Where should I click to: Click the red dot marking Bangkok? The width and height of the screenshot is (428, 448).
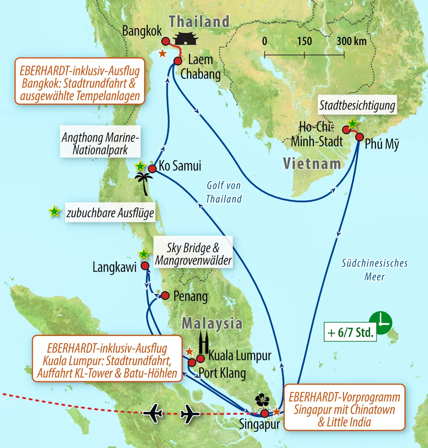pos(166,41)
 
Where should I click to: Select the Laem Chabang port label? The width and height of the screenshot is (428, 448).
pos(200,67)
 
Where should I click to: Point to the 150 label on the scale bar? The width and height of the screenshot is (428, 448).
pos(304,42)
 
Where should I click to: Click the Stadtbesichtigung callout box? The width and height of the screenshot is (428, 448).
pos(357,106)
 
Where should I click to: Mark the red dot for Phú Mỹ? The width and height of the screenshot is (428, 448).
pos(360,137)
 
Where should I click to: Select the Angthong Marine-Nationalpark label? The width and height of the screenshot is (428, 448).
pos(101,144)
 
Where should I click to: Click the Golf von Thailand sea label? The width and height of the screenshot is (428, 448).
pos(223,192)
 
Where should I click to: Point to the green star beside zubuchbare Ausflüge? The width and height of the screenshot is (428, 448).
pos(54,211)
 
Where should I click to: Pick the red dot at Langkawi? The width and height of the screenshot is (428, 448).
pos(145,266)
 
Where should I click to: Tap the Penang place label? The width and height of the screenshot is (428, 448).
pos(190,296)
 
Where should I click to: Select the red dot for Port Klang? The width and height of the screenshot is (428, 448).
pos(192,363)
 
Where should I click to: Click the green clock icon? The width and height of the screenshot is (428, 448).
pos(380,320)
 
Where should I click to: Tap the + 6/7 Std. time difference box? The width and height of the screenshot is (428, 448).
pos(350,332)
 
